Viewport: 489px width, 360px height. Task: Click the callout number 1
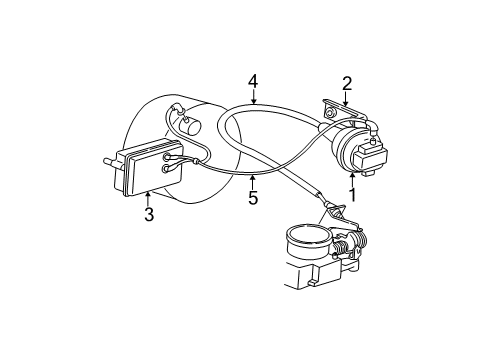(x=353, y=189)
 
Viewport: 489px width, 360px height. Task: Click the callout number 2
(x=347, y=84)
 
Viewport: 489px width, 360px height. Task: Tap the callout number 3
(x=148, y=214)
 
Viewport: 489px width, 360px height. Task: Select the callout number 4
(x=254, y=80)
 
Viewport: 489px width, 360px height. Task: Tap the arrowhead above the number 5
(x=253, y=175)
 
